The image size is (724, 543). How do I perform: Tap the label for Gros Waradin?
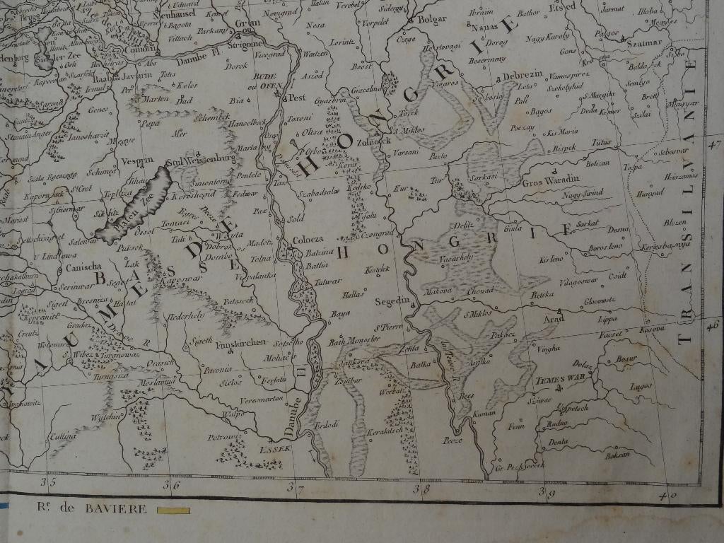pos(551,180)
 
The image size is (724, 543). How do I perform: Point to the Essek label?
pos(271,448)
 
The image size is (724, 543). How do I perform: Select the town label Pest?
pos(296,98)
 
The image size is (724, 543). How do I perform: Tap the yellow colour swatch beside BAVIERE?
pos(173,510)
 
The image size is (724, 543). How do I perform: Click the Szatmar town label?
pos(643,42)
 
